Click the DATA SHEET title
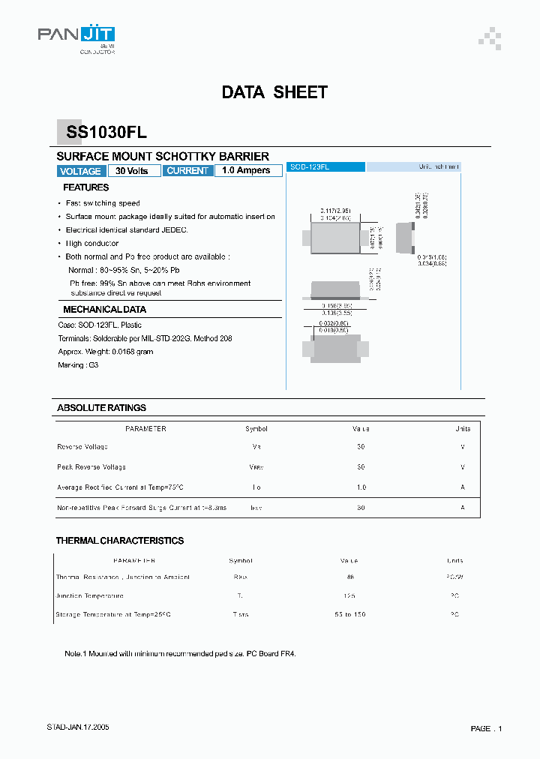coord(274,92)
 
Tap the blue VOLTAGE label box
coord(80,171)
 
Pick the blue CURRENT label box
coord(187,171)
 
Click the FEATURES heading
coord(85,187)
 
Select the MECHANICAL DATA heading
coord(104,309)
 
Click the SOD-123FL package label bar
coord(326,167)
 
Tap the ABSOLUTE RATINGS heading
coord(101,408)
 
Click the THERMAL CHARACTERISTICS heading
coord(120,541)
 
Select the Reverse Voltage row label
coord(82,447)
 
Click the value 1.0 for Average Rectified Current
coord(361,487)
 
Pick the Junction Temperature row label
coord(89,595)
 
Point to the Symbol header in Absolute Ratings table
coord(256,429)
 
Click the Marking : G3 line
coord(78,365)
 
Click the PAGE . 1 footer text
coord(486,728)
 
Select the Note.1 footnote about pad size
coord(180,654)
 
